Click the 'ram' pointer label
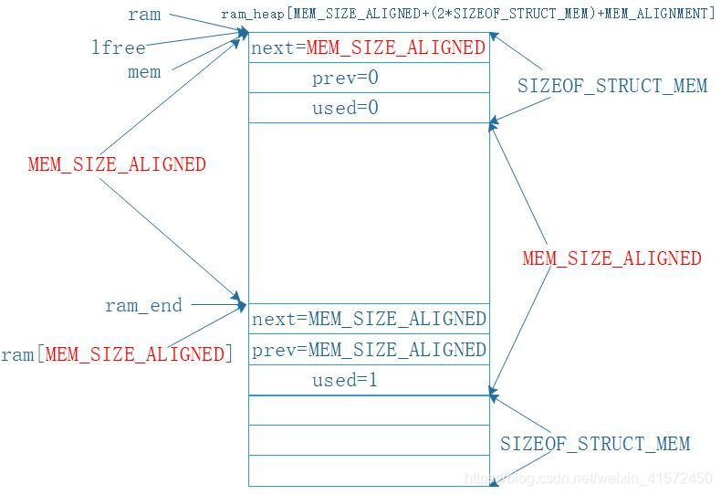pyautogui.click(x=144, y=15)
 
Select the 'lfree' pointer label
pyautogui.click(x=119, y=47)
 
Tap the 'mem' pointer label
pyautogui.click(x=144, y=72)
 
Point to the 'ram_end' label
pyautogui.click(x=143, y=306)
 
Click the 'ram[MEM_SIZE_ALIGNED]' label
pyautogui.click(x=117, y=354)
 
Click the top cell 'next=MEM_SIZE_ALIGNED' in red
pyautogui.click(x=368, y=47)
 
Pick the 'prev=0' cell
pyautogui.click(x=345, y=79)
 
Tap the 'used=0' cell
pyautogui.click(x=345, y=108)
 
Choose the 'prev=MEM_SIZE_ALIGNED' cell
pyautogui.click(x=368, y=350)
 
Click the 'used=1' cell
pyautogui.click(x=345, y=381)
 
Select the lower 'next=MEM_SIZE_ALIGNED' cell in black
pyautogui.click(x=368, y=319)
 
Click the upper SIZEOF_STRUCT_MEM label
pyautogui.click(x=612, y=87)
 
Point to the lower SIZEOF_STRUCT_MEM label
pyautogui.click(x=595, y=445)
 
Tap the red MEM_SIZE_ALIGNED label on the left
pyautogui.click(x=117, y=165)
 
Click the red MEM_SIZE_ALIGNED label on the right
pyautogui.click(x=611, y=258)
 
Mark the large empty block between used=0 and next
pyautogui.click(x=369, y=213)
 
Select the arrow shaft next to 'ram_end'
pyautogui.click(x=214, y=304)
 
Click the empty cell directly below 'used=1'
pyautogui.click(x=369, y=410)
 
